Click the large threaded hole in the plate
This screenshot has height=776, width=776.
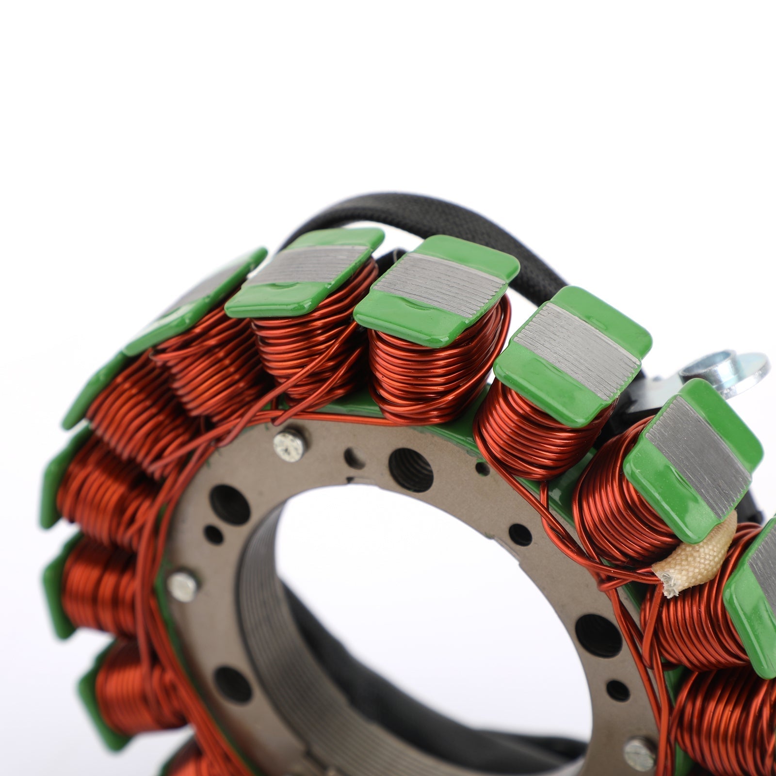(x=410, y=470)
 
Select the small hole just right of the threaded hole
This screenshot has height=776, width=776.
(x=482, y=468)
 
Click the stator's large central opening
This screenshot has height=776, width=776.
(x=427, y=606)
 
